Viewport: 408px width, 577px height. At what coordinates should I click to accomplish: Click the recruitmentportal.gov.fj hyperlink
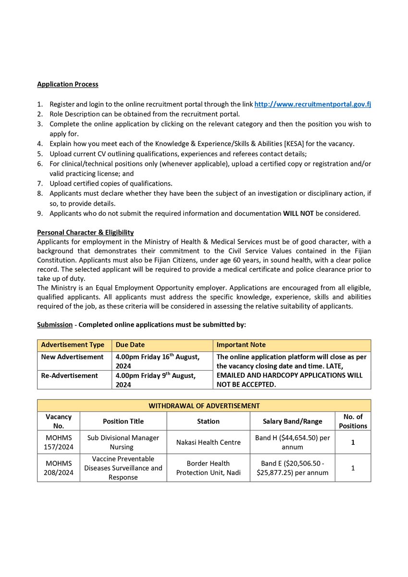(x=312, y=104)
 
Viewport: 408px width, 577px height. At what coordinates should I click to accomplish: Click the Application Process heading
(x=68, y=84)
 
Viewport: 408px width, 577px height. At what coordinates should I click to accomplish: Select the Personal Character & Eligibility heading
(x=86, y=232)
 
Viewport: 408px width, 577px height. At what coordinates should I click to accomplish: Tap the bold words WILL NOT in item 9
(x=298, y=213)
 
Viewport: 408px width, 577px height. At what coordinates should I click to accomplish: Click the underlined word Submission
(x=54, y=325)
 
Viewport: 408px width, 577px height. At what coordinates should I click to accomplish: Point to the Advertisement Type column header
(x=73, y=345)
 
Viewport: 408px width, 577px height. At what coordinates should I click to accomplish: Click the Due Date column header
(x=130, y=345)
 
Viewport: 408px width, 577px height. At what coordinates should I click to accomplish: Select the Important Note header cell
(x=241, y=345)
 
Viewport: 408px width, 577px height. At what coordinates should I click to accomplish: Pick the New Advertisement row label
(x=72, y=357)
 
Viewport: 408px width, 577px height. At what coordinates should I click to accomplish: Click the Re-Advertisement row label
(x=69, y=375)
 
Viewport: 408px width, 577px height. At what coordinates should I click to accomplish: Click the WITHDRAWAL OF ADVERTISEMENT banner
(x=204, y=405)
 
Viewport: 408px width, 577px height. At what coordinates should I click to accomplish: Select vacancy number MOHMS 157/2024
(x=59, y=442)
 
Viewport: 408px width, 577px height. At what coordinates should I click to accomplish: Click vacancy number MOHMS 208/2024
(x=59, y=468)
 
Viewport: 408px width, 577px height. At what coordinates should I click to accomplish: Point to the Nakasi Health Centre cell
(x=208, y=442)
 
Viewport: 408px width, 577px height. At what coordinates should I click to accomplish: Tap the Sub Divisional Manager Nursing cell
(x=123, y=442)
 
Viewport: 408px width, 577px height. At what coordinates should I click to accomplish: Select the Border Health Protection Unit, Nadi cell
(x=208, y=468)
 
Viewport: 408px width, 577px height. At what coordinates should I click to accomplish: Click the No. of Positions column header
(x=353, y=421)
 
